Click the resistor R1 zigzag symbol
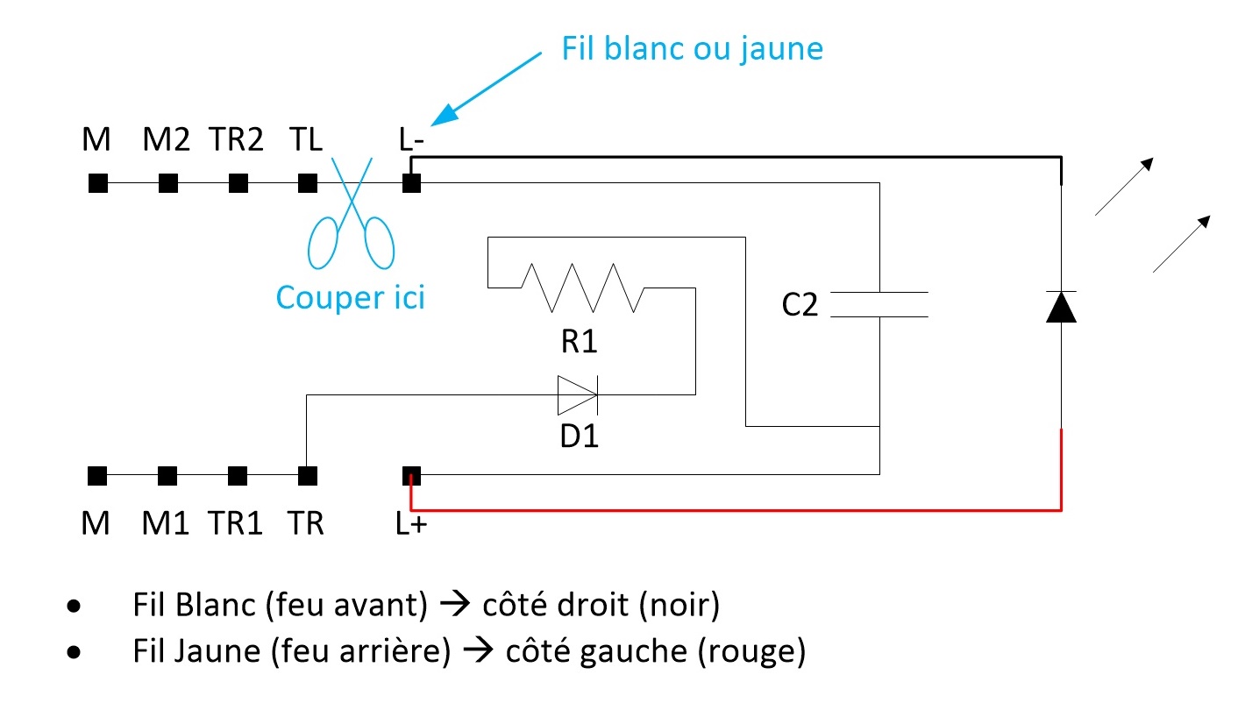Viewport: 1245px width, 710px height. coord(582,288)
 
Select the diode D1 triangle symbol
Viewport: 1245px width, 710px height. coord(578,395)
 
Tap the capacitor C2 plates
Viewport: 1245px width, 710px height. coord(879,304)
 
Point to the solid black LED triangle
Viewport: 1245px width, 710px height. coord(1061,307)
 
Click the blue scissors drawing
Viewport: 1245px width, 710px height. coord(352,214)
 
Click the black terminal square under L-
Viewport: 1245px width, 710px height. coord(411,183)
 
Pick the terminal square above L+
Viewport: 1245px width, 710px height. coord(411,476)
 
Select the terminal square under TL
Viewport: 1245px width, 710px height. coord(308,183)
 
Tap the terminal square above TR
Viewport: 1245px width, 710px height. coord(308,476)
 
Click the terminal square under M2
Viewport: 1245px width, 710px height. coord(167,183)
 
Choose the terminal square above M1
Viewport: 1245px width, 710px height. coord(167,476)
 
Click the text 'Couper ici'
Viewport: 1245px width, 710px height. coord(351,297)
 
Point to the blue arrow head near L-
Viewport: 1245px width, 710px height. coord(445,115)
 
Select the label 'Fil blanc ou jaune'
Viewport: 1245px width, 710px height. coord(692,49)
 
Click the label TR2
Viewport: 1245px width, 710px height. coord(236,138)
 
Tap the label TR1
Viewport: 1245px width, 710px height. coord(235,523)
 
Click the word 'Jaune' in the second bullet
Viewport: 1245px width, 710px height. coord(217,650)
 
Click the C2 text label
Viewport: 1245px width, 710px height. coord(800,304)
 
